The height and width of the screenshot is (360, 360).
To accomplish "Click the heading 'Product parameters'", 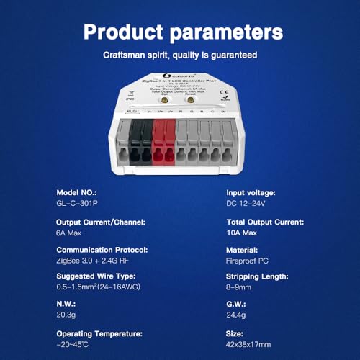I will [x=179, y=32].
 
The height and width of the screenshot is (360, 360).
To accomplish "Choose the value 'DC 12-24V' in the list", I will [x=243, y=205].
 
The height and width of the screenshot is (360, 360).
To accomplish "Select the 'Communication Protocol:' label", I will [x=102, y=249].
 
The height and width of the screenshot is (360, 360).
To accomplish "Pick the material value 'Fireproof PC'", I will [x=244, y=261].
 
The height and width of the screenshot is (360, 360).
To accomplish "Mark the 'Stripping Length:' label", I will [x=255, y=276].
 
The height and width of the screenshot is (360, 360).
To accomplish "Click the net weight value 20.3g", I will [x=66, y=316].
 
